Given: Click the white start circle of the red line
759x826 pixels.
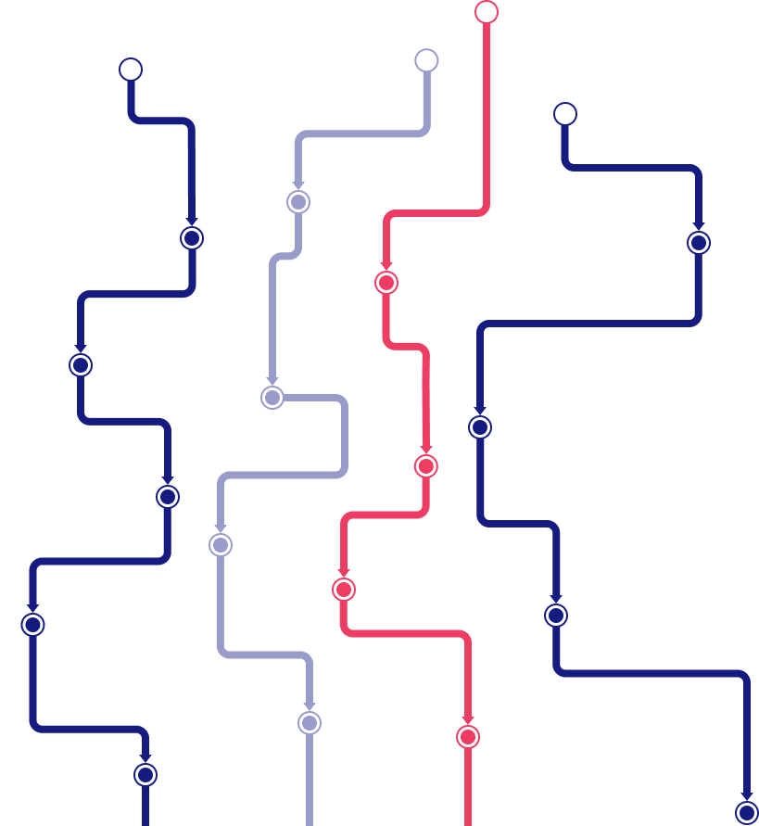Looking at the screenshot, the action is tap(487, 12).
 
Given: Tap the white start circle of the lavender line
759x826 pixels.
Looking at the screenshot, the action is tap(426, 60).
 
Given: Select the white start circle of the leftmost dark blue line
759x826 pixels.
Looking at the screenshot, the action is tap(131, 70).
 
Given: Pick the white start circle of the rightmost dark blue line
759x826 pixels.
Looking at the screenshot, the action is tap(565, 114).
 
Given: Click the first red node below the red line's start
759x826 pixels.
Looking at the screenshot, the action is tap(386, 283).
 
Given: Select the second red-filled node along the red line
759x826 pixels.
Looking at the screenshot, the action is tap(425, 466).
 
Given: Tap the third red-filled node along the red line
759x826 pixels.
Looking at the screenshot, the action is tap(344, 590).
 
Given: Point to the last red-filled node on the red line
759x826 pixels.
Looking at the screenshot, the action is tap(468, 737).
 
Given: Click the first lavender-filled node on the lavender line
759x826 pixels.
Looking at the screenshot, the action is tap(298, 202).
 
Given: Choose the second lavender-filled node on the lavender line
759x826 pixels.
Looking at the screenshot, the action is tap(272, 398).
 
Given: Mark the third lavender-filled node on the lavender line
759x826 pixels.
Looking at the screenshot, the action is tap(221, 545).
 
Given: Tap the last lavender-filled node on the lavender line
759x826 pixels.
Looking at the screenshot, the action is tap(310, 723).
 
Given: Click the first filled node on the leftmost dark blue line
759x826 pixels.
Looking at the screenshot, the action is tap(192, 238).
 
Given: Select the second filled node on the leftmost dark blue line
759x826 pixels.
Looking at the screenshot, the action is tap(81, 365).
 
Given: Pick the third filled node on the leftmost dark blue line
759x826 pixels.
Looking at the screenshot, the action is tap(168, 497).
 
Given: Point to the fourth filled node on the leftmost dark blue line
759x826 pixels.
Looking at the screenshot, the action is tap(32, 625).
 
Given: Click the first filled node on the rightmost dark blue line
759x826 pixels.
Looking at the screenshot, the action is tap(699, 243).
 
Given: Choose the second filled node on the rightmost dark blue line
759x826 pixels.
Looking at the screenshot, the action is tap(480, 427).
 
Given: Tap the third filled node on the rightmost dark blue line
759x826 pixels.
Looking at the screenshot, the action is tap(556, 616).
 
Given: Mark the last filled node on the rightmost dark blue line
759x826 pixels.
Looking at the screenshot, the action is tap(747, 813).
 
